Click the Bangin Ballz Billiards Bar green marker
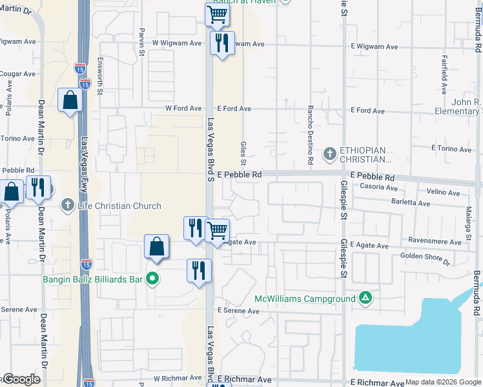pos(152,279)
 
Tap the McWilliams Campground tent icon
pos(365,299)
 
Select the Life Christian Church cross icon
pos(67,206)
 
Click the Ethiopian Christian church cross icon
pos(329,154)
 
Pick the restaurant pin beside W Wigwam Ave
pos(222,44)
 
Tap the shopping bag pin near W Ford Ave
pos(70,101)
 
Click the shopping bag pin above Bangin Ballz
pos(156,247)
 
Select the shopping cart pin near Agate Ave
pos(217,230)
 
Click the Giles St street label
pos(244,153)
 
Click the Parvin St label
pos(141,43)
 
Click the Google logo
pos(21,379)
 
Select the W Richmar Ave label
pos(178,379)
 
